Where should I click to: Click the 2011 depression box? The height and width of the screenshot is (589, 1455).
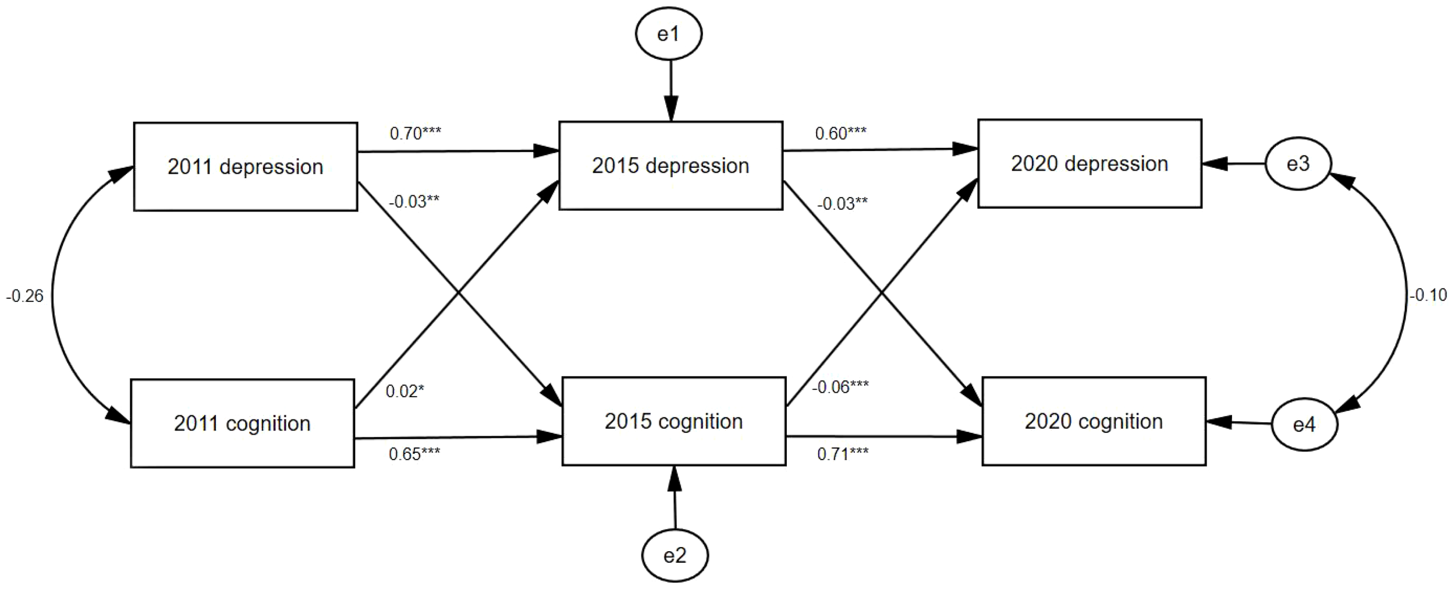click(x=245, y=167)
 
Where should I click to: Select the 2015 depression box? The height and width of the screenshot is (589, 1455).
click(x=670, y=165)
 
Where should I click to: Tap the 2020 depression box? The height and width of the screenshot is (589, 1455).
click(x=1090, y=164)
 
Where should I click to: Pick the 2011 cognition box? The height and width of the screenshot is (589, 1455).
click(x=242, y=424)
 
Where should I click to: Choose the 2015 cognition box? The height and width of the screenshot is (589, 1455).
click(x=673, y=421)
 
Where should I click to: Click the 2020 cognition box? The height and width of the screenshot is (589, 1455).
click(x=1094, y=421)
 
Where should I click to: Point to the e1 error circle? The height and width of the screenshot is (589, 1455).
click(x=668, y=34)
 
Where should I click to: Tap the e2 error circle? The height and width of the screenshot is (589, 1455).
click(x=675, y=555)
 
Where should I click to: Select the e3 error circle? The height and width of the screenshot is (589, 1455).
click(x=1298, y=164)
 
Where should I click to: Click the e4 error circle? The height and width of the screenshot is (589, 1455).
click(x=1304, y=425)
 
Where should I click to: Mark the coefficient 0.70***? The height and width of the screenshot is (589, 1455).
click(x=415, y=133)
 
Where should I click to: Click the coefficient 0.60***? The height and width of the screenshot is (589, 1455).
click(x=840, y=133)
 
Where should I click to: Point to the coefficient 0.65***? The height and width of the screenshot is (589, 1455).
click(x=414, y=454)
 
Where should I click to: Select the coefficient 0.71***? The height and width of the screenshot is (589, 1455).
click(x=842, y=454)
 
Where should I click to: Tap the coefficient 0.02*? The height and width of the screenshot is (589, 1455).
click(x=404, y=391)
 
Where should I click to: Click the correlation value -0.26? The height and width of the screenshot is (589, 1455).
click(x=25, y=297)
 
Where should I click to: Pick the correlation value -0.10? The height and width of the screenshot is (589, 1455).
click(x=1428, y=295)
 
